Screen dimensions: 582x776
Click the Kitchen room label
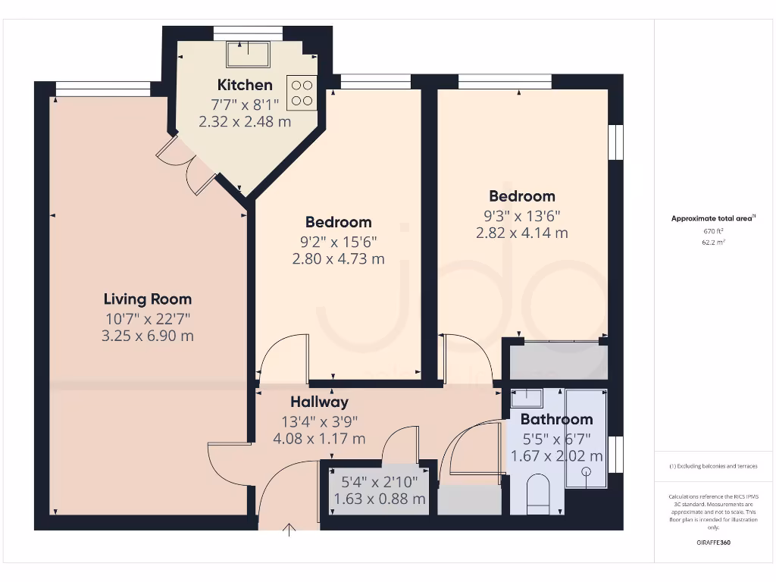click(x=245, y=84)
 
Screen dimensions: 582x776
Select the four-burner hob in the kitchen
click(x=301, y=92)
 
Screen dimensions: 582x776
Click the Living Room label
click(x=148, y=299)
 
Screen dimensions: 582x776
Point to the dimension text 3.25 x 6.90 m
click(x=148, y=335)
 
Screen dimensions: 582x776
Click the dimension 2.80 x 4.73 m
click(x=338, y=258)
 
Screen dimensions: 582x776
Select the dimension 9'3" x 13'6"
click(x=521, y=215)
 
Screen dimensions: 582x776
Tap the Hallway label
click(x=319, y=402)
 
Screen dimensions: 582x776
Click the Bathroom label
click(x=556, y=419)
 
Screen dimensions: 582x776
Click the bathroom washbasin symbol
click(x=527, y=398)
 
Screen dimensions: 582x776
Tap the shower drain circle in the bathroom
click(x=586, y=471)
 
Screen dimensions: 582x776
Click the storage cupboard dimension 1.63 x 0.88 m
click(x=379, y=499)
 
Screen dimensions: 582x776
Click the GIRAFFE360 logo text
click(x=712, y=543)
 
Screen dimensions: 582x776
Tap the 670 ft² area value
click(x=712, y=230)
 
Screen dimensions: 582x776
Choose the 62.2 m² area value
click(x=712, y=242)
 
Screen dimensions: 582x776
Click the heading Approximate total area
click(x=712, y=218)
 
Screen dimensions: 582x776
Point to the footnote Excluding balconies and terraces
click(x=712, y=466)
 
